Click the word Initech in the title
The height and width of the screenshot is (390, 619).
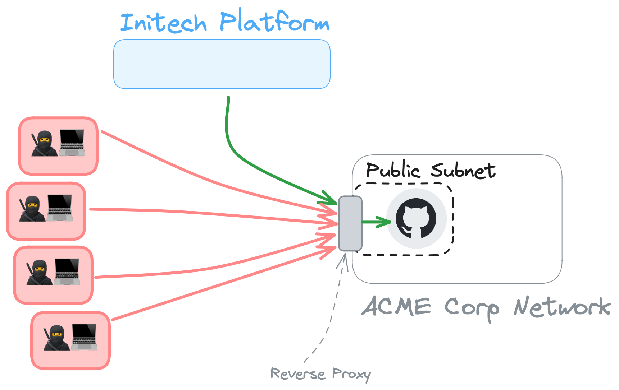point(164,23)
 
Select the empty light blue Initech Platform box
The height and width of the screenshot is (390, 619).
point(222,64)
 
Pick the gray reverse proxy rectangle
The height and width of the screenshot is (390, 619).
point(350,223)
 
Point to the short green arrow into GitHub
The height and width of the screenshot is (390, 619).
point(376,222)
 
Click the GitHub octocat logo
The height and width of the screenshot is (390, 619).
point(416,218)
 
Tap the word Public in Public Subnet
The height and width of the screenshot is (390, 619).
point(392,170)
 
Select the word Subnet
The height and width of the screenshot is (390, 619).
point(463,170)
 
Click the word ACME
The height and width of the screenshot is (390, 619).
point(396,307)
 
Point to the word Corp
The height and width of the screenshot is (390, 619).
point(472,308)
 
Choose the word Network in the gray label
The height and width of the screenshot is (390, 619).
point(562,307)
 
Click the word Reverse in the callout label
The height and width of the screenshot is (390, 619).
point(297,373)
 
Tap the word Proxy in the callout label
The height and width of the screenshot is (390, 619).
point(351,374)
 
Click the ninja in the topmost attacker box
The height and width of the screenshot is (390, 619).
point(44,143)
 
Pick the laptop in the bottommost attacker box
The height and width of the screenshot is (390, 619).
point(84,337)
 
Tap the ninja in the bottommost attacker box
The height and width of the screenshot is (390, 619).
point(56,338)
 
